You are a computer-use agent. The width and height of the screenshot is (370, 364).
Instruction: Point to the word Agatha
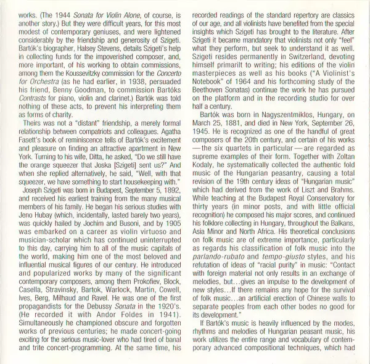coord(163,149)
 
